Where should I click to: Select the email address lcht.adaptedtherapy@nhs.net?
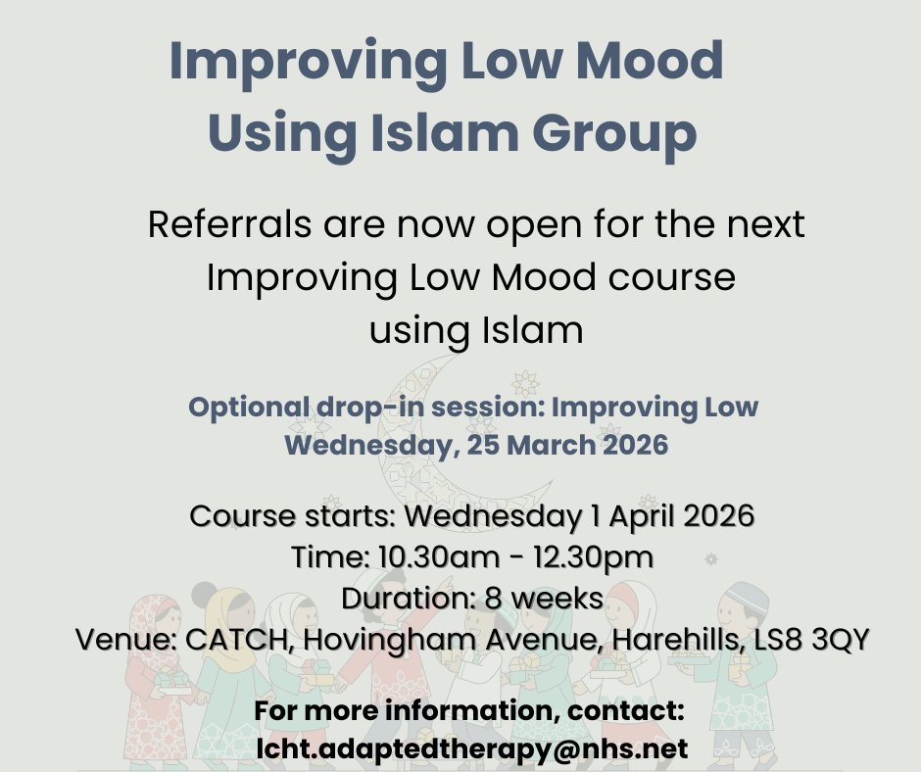coord(471,748)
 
